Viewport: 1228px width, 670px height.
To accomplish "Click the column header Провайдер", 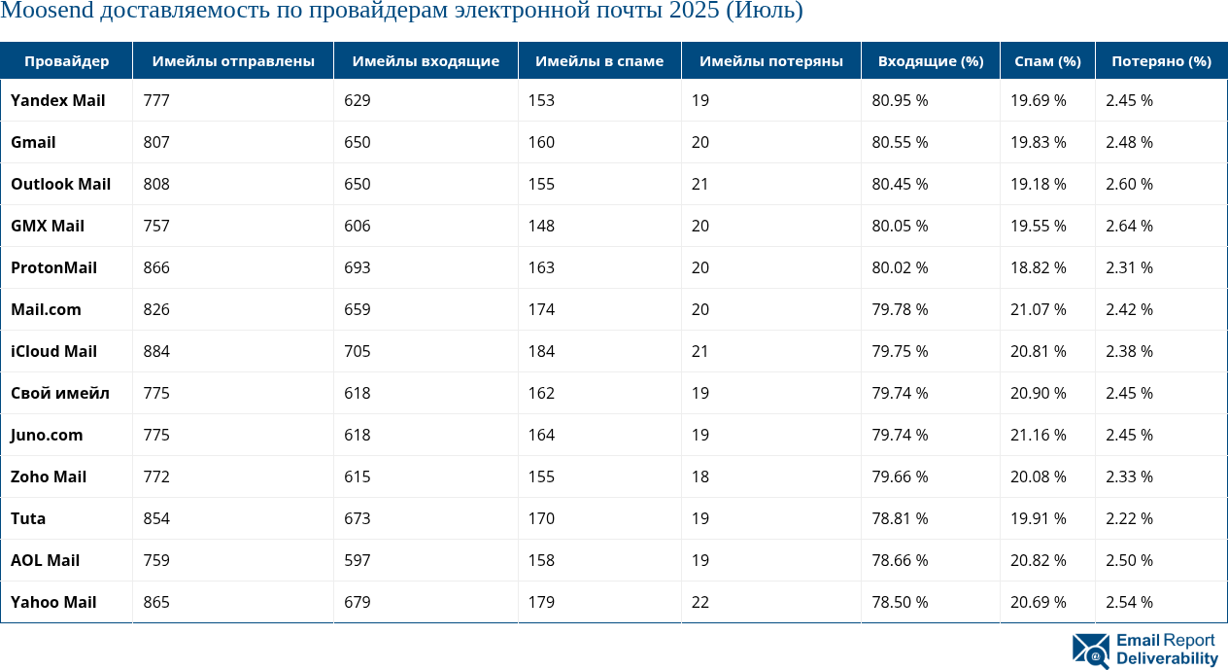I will (66, 61).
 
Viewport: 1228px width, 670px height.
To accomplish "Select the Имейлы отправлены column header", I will (233, 61).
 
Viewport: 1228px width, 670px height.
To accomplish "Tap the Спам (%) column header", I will (1047, 61).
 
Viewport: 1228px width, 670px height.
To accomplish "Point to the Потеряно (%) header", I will (1161, 61).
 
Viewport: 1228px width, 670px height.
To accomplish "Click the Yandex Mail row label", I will (58, 100).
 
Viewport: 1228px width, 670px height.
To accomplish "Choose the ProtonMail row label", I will (53, 267).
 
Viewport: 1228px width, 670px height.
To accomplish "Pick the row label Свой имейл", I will (60, 393).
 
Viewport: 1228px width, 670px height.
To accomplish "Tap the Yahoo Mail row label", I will (53, 602).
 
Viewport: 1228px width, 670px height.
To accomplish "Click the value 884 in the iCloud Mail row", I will (156, 351).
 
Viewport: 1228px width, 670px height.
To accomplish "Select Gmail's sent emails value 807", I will (156, 142).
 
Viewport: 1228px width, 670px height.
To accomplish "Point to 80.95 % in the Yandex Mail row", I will (900, 100).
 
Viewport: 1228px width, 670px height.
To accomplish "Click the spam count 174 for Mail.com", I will (542, 309).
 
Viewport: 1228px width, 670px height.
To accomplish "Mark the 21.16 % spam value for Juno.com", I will (1039, 435).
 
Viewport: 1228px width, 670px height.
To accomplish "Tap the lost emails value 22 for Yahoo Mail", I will (700, 602).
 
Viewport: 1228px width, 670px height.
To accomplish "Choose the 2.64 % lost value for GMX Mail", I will (1129, 226).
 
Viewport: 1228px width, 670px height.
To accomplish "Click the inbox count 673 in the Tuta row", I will (358, 518).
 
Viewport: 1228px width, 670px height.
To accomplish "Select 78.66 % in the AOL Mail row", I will (900, 560).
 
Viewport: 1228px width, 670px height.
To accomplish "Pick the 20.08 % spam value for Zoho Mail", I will (1039, 476).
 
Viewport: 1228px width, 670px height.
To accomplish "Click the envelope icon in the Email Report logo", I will (1091, 651).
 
